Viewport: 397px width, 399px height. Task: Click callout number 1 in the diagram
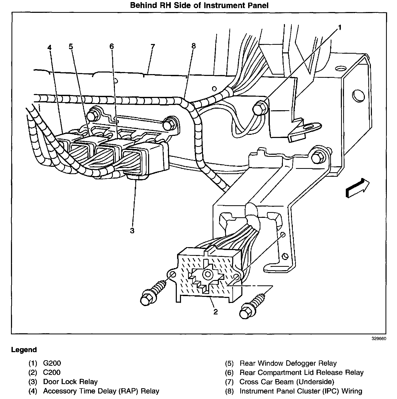point(340,27)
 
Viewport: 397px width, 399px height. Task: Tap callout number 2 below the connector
point(215,312)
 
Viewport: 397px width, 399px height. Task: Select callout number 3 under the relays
point(132,231)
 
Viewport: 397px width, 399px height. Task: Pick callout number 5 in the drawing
point(71,47)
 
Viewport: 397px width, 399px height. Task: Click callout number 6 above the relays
point(112,46)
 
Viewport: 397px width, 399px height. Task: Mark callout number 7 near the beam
point(153,47)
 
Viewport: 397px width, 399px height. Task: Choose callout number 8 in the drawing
point(193,46)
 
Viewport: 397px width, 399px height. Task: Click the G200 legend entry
point(52,363)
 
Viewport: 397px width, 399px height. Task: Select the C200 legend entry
point(52,372)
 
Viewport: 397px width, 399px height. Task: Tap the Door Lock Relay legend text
point(70,382)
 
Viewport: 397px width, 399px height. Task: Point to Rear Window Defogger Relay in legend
point(288,363)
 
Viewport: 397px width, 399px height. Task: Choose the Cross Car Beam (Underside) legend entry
point(287,382)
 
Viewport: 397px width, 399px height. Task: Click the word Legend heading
point(24,350)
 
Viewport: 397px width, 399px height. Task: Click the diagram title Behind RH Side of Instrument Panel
point(199,5)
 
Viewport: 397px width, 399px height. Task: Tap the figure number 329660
point(379,339)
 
